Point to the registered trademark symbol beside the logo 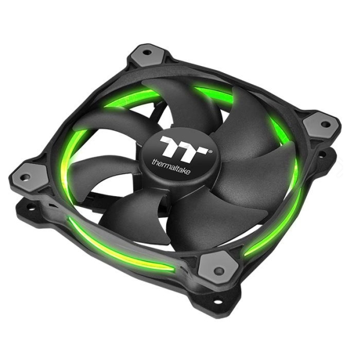tap(210, 152)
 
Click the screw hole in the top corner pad tap(147, 53)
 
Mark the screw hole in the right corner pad tap(326, 125)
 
